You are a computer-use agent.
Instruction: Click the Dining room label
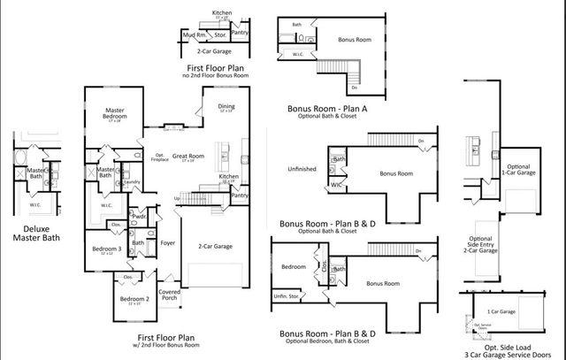(226, 107)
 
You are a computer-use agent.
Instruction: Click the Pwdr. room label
(139, 216)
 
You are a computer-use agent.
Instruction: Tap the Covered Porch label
(169, 295)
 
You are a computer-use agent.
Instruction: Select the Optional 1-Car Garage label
(518, 171)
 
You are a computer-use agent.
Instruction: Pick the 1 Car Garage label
(501, 312)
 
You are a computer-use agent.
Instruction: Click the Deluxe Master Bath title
(36, 233)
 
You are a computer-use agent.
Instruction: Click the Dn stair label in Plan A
(354, 88)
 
